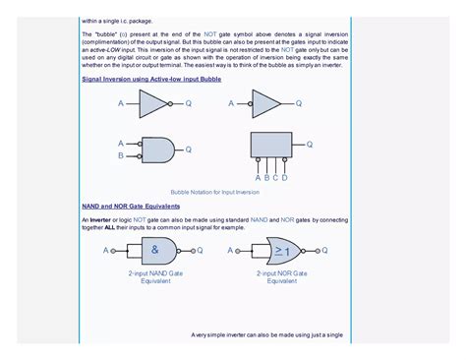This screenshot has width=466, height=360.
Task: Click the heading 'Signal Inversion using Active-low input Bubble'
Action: click(150, 78)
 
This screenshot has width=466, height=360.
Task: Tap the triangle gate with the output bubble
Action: click(153, 103)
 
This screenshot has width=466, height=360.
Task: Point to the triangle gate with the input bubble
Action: click(266, 103)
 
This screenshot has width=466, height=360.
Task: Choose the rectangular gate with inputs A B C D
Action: click(271, 146)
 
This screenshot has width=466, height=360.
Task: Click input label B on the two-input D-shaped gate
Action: click(121, 155)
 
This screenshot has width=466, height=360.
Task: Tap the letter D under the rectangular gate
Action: click(285, 178)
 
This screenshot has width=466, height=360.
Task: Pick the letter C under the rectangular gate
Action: click(276, 178)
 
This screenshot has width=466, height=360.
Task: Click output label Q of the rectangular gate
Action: click(309, 144)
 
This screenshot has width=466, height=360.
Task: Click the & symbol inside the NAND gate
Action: click(155, 250)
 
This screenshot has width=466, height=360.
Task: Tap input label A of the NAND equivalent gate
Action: click(104, 251)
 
